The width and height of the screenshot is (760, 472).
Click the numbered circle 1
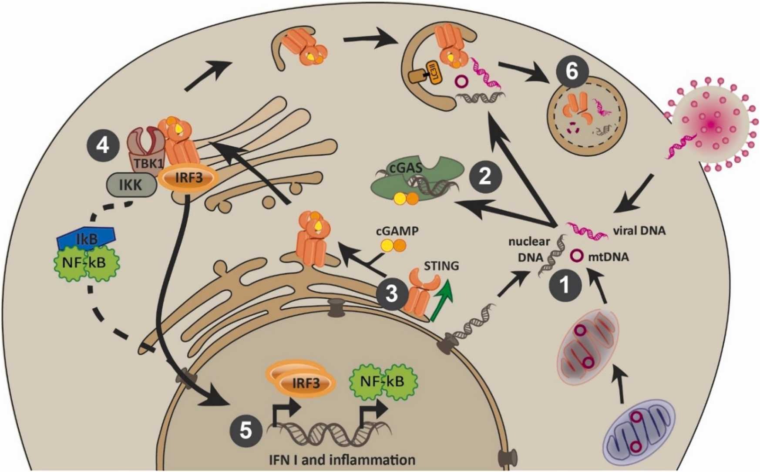[565, 285]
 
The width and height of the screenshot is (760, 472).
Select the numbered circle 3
[392, 294]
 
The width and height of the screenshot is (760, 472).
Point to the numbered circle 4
[103, 145]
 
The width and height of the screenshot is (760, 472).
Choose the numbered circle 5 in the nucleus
[246, 431]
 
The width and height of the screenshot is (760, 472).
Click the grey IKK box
[131, 185]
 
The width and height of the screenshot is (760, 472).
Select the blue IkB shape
[86, 237]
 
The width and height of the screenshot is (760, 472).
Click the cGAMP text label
[397, 231]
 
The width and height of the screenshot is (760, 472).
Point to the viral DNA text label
[639, 231]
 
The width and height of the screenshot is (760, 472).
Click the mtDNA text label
[608, 257]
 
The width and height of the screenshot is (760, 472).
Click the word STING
[441, 266]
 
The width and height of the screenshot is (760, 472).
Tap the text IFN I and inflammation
[341, 460]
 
